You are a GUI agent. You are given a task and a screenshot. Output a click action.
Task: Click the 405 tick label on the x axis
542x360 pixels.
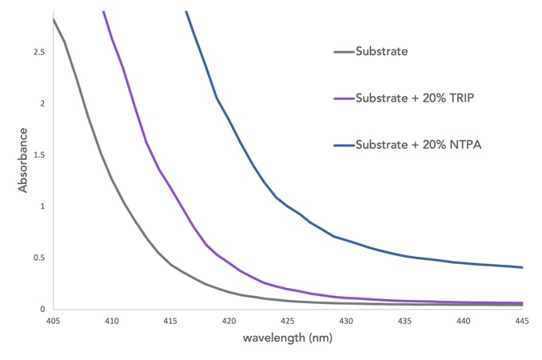coord(53,321)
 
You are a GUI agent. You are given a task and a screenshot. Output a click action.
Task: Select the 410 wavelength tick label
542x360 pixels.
coord(111,321)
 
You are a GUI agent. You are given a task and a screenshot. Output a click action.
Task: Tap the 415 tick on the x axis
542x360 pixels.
coord(170,321)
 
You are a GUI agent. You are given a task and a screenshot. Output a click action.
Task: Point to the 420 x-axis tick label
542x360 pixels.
coord(229,321)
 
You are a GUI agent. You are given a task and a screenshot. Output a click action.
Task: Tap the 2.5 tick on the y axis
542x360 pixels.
coord(38,52)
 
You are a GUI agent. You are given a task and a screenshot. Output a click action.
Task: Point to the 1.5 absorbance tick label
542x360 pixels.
coord(38,155)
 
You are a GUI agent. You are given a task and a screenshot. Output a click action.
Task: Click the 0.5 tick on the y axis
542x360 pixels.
coord(38,258)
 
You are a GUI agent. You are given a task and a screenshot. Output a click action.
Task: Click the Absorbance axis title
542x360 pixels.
coord(23,162)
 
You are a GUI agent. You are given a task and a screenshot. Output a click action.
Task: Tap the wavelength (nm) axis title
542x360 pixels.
coord(288,338)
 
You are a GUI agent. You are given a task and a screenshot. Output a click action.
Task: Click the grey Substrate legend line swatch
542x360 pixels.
coord(344,52)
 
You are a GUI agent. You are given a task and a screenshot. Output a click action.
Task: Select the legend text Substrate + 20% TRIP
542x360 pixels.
coord(410,98)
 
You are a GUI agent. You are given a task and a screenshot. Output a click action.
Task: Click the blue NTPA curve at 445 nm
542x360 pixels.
coord(522,267)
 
